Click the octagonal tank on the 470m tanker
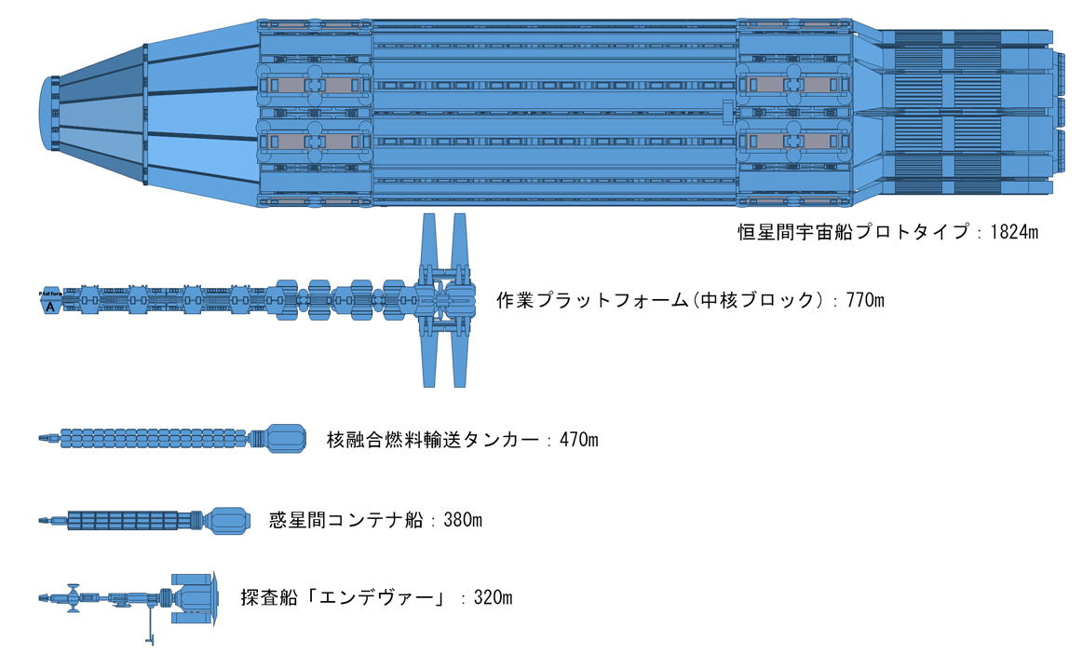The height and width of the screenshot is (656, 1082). click(x=286, y=438)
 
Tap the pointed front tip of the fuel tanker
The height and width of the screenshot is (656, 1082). click(x=41, y=437)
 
